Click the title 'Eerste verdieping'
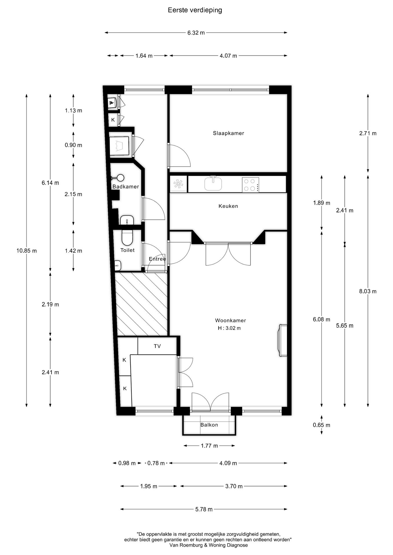[x=195, y=10]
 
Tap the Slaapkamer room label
[x=228, y=133]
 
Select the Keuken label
[x=228, y=206]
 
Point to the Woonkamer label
[x=230, y=320]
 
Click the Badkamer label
[x=126, y=187]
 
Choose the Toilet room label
[x=127, y=250]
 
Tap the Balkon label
[x=209, y=425]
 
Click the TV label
[x=157, y=346]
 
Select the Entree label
[x=157, y=259]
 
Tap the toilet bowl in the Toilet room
[x=127, y=237]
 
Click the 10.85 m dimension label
[x=27, y=251]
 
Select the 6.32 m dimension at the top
[x=196, y=33]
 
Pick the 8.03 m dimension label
[x=368, y=291]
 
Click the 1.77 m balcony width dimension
[x=209, y=446]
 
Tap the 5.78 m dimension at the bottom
[x=204, y=509]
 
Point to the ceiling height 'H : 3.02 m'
[x=229, y=328]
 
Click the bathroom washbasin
[x=127, y=220]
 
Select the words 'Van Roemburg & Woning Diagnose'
[x=208, y=545]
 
